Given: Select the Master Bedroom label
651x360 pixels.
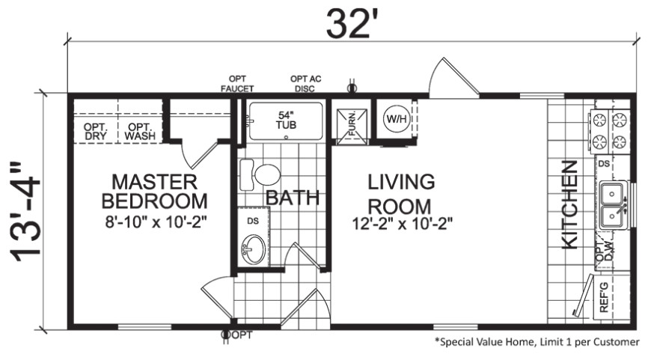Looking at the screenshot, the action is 154,192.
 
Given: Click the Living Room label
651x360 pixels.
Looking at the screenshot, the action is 401,194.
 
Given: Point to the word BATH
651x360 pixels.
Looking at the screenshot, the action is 293,198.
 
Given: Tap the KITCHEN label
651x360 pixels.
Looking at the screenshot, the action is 569,205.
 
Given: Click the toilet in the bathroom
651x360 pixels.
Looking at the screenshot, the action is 260,174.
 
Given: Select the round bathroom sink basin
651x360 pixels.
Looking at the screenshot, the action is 253,248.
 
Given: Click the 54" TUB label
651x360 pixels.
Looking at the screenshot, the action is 286,120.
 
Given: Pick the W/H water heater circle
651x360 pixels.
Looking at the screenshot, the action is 397,119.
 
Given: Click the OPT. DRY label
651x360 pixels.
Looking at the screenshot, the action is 96,132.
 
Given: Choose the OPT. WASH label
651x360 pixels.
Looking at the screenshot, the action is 140,132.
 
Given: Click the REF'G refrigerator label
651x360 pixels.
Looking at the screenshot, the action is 604,297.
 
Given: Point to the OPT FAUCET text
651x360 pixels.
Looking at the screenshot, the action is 237,84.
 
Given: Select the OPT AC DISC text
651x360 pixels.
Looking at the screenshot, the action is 305,84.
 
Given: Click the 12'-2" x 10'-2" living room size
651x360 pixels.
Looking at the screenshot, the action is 402,225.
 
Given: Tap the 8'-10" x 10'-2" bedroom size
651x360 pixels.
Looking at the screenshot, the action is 156,222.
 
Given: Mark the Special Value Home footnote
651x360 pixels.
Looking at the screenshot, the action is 537,342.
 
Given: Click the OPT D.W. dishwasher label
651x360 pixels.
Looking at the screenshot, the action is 604,251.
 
